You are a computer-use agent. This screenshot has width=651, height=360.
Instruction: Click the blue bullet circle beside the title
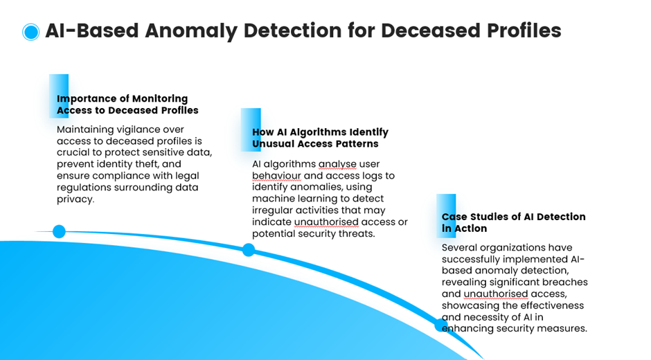pos(30,32)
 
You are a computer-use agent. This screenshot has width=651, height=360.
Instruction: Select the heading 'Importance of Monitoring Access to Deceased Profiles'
pos(127,105)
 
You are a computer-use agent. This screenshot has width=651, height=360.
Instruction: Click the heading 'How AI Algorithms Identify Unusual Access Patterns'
pos(320,138)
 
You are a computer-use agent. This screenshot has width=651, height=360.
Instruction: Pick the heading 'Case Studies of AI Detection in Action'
pos(514,222)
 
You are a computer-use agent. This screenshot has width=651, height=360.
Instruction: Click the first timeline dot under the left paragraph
pos(59,231)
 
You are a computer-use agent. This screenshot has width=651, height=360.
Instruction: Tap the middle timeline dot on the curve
pos(248,249)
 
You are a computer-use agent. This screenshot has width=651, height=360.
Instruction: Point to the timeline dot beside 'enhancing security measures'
pos(441,325)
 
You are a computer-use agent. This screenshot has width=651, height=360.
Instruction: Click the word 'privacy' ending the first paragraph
pos(74,199)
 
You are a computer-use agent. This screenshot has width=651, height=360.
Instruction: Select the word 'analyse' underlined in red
pos(337,165)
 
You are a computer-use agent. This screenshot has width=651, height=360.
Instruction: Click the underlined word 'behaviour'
pos(276,176)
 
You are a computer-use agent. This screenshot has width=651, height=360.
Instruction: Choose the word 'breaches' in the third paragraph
pos(568,282)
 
